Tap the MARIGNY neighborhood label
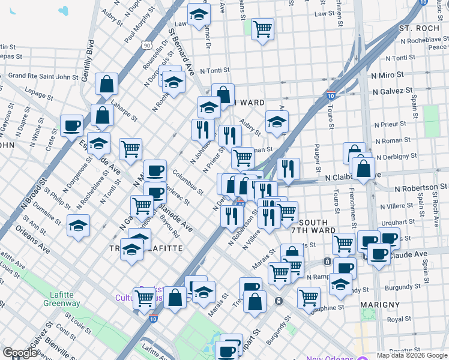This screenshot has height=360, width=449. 380,305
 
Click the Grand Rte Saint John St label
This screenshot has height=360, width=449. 43,76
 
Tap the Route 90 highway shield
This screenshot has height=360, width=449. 147,46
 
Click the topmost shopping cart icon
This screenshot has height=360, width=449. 263,28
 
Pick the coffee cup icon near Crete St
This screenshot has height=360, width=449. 72,125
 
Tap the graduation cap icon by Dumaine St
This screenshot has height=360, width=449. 78,226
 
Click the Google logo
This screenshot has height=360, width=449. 20,352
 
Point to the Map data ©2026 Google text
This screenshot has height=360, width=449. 412,355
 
